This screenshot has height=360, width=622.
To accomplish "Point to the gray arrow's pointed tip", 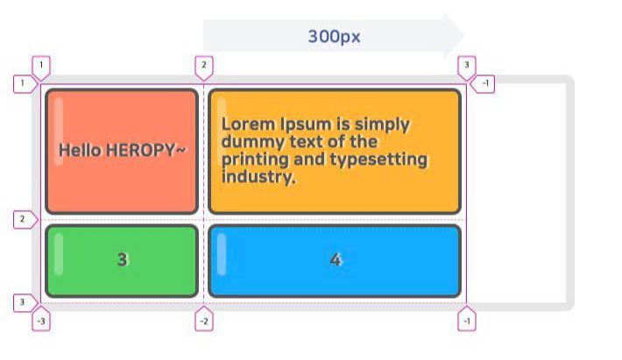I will [x=463, y=36].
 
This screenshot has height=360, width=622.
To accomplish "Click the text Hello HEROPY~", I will [x=123, y=151].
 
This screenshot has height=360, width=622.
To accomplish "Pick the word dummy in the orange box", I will [x=248, y=142].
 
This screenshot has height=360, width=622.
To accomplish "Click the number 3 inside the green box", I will [x=123, y=260].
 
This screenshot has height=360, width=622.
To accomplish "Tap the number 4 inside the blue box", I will [x=335, y=260].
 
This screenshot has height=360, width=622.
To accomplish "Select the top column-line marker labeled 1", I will [x=41, y=66].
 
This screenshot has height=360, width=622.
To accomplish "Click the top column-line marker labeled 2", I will [x=203, y=66].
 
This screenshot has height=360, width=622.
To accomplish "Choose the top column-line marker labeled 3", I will [x=467, y=66].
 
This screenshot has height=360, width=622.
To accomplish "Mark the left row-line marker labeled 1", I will [x=23, y=84].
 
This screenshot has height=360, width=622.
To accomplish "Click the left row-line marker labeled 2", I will [x=23, y=219].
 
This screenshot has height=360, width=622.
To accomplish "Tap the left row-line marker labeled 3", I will [x=23, y=303].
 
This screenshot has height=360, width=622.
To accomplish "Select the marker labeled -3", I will [x=41, y=321].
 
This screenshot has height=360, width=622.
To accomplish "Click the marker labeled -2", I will [x=203, y=321].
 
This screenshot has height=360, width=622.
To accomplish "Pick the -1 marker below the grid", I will [x=467, y=321].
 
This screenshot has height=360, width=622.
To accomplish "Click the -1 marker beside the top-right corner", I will [x=485, y=84].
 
